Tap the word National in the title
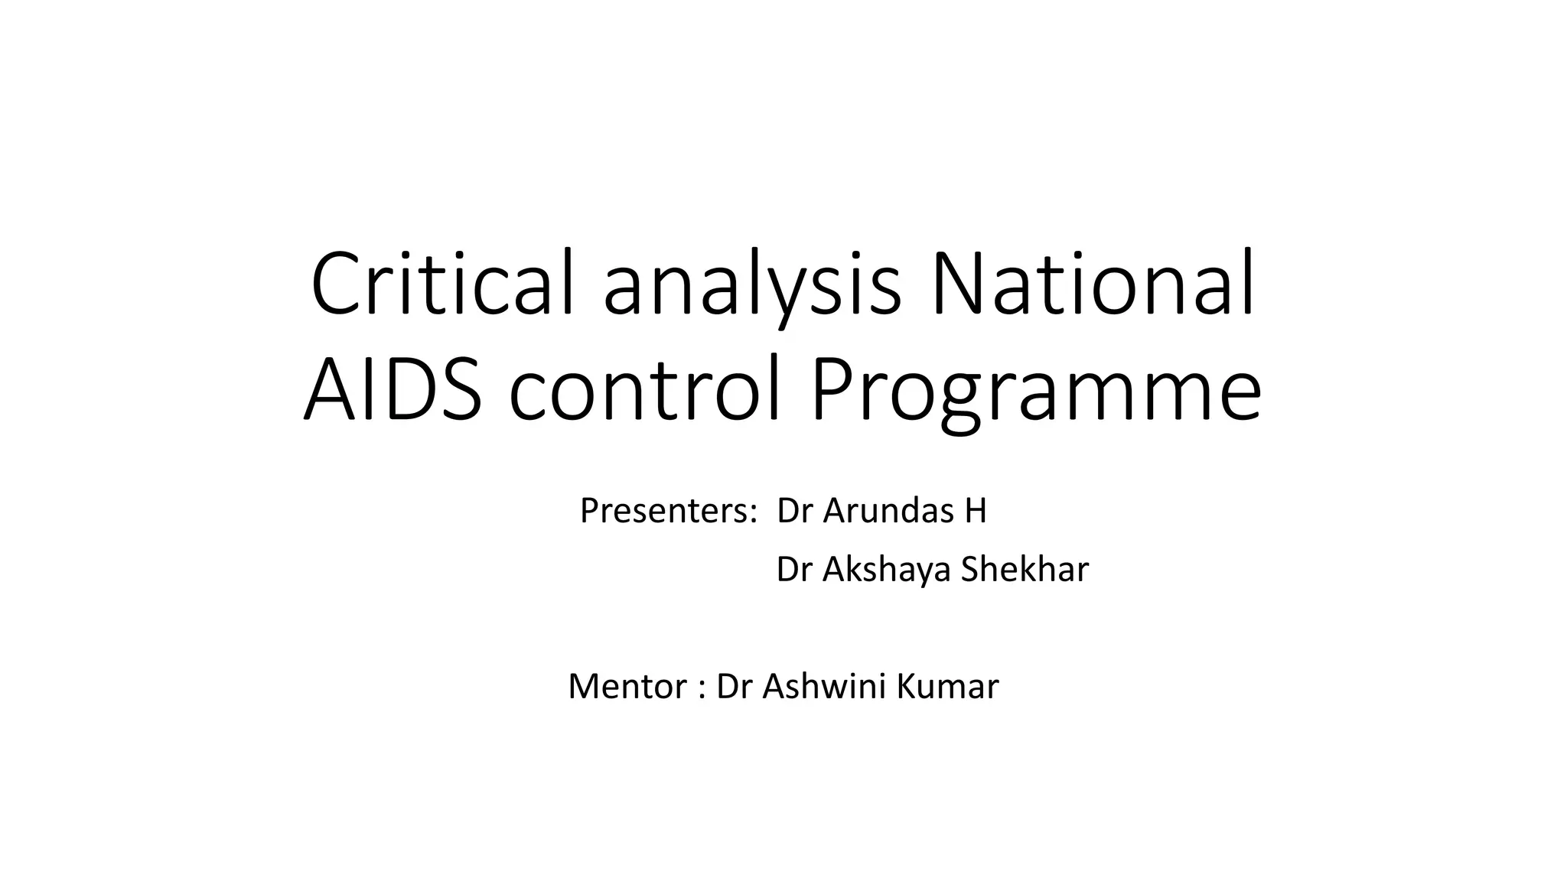(1092, 284)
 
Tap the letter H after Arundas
(976, 511)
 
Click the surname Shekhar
(1025, 570)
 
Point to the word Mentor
(627, 687)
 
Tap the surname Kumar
(947, 687)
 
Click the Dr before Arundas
(793, 511)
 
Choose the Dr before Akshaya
(793, 570)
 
